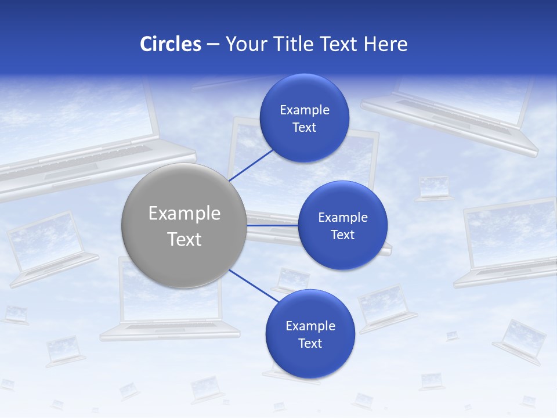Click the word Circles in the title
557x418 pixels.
[x=171, y=44]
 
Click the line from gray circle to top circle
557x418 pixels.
[x=252, y=164]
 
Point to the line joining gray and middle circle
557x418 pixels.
[x=272, y=225]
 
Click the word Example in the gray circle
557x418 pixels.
[x=185, y=214]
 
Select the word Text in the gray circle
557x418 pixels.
[x=185, y=239]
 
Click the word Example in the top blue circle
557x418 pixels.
[x=305, y=110]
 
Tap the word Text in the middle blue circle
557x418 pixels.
[x=342, y=235]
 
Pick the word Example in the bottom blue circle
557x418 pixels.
[x=310, y=326]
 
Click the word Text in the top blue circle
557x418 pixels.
[x=304, y=128]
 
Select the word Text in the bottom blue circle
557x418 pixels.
[x=310, y=344]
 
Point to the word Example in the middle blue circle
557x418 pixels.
[x=343, y=218]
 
